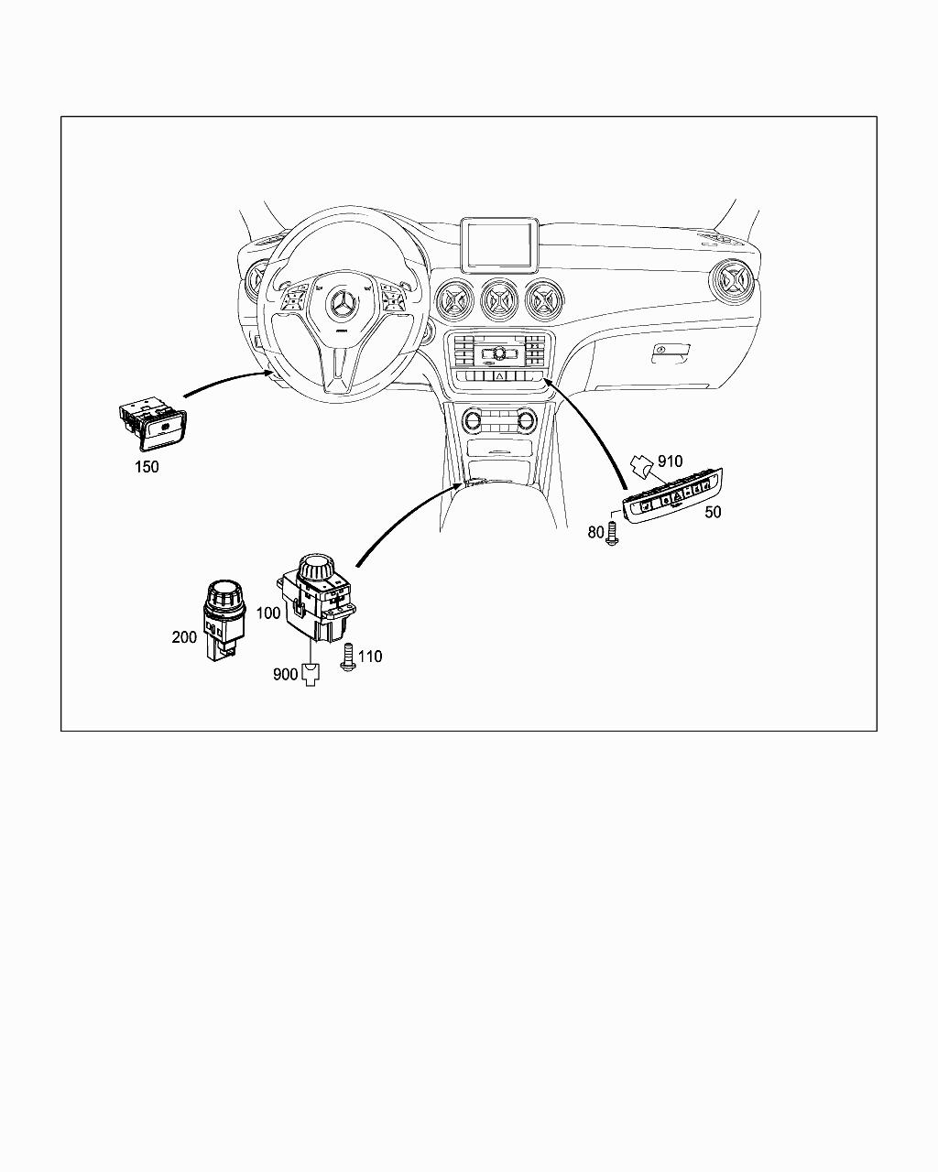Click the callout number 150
[x=147, y=467]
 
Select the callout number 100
[x=268, y=613]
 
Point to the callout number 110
[x=371, y=656]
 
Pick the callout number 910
[x=670, y=461]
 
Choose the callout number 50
[x=713, y=512]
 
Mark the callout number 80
[x=595, y=532]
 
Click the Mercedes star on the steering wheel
[x=342, y=303]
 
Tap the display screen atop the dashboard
[x=499, y=245]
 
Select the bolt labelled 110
[x=348, y=657]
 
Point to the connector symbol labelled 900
[x=311, y=676]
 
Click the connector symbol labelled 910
[x=642, y=466]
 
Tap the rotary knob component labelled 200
[x=224, y=619]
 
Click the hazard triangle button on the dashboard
[x=500, y=375]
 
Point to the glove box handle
[x=671, y=353]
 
